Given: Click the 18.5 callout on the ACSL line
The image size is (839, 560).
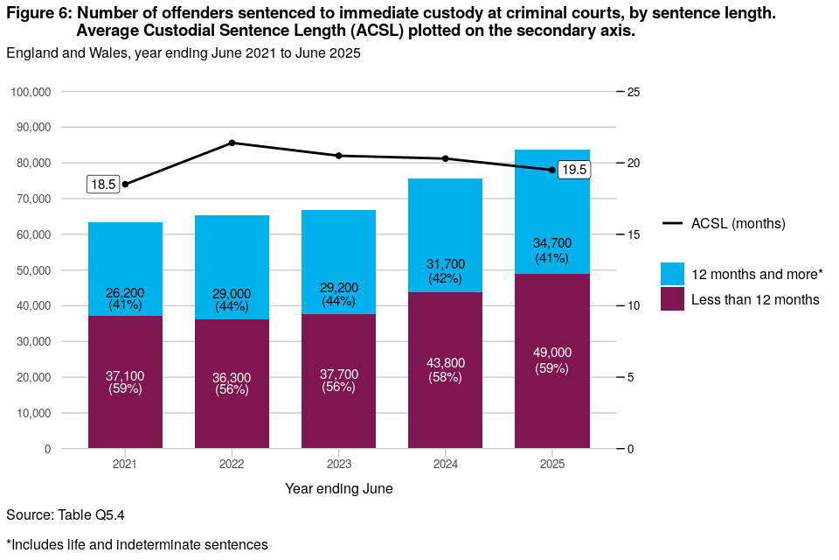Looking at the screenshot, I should [x=103, y=185].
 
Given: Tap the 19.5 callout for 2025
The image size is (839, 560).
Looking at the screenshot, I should [x=573, y=170].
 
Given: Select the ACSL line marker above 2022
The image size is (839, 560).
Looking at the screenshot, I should [x=232, y=143].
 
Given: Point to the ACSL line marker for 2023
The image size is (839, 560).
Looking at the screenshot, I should [x=339, y=156].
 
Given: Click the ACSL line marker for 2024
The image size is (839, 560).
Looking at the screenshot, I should [x=446, y=158].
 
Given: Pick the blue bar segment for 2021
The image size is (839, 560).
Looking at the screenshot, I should [x=125, y=254].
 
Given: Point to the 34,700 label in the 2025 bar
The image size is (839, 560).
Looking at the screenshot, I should [x=552, y=244].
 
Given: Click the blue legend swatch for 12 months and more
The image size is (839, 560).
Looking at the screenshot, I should [x=673, y=274].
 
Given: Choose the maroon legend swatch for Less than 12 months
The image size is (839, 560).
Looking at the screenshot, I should [x=673, y=299].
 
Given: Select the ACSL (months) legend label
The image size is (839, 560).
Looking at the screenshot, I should [x=738, y=224].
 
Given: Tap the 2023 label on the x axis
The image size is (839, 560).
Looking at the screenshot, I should [x=339, y=464].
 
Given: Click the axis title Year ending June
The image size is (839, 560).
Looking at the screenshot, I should [x=339, y=488].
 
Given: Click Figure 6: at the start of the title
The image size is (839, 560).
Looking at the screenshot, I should [x=39, y=14].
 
